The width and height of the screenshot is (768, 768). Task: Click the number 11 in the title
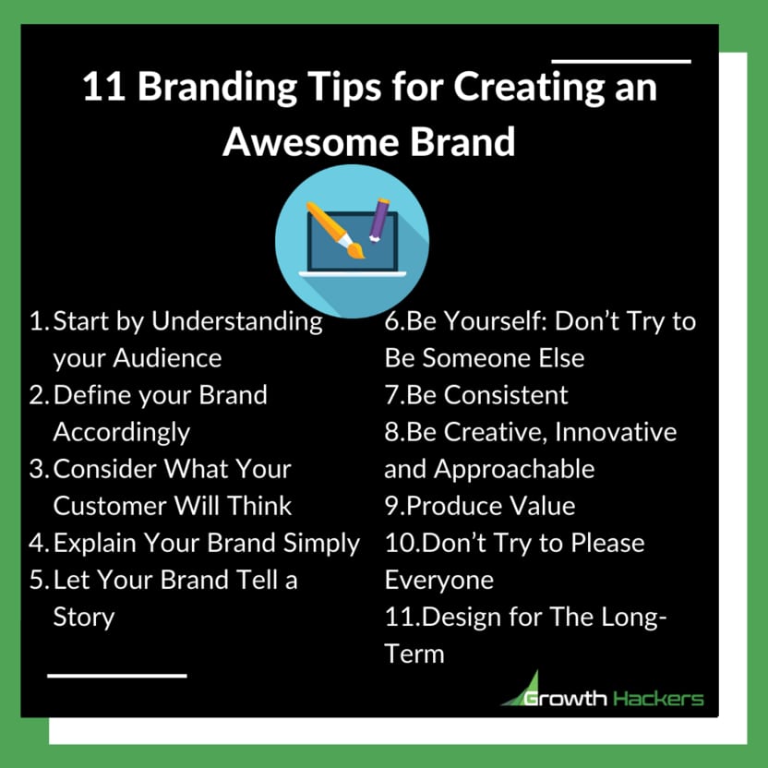pyautogui.click(x=99, y=89)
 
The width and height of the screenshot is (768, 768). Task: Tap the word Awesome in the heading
pyautogui.click(x=310, y=143)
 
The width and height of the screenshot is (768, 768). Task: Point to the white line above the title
pyautogui.click(x=620, y=62)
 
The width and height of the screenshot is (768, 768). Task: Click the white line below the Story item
pyautogui.click(x=116, y=676)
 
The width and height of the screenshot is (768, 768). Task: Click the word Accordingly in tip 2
pyautogui.click(x=122, y=432)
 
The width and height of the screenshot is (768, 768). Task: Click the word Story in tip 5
pyautogui.click(x=83, y=617)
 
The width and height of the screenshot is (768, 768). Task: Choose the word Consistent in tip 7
pyautogui.click(x=506, y=395)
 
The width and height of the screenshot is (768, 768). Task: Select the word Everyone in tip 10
pyautogui.click(x=438, y=580)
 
